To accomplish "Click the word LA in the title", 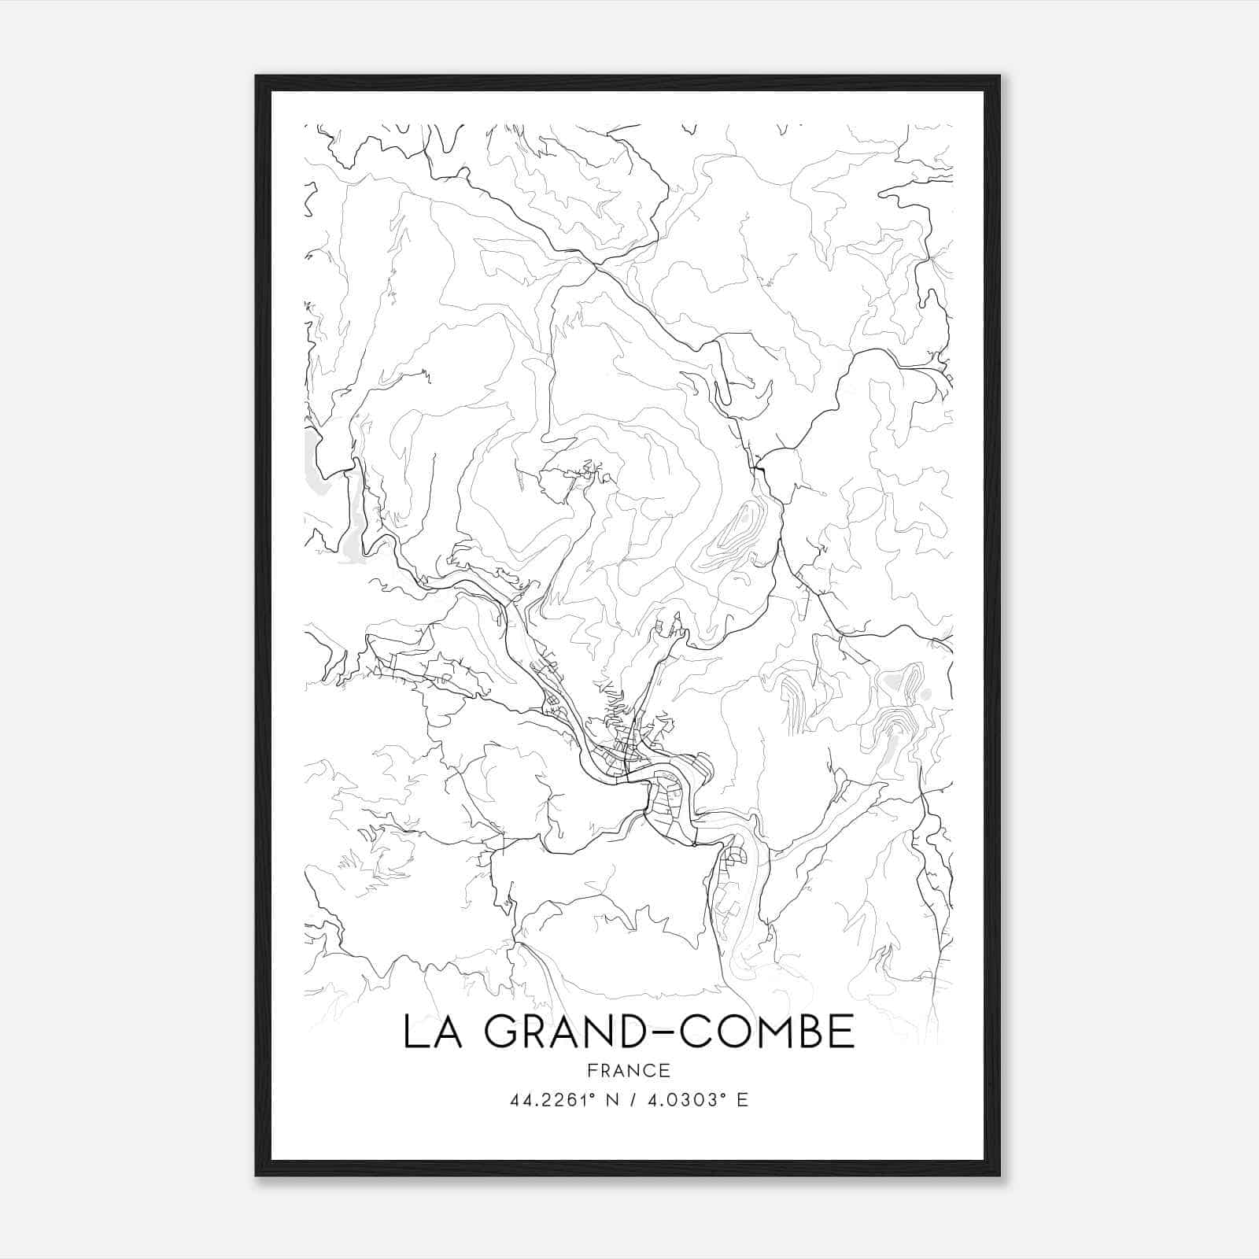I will [x=433, y=1032].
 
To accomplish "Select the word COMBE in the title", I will [x=766, y=1032].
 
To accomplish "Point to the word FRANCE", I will [x=629, y=1070].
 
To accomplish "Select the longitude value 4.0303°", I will [x=682, y=1100].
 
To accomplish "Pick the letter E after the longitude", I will [x=742, y=1100].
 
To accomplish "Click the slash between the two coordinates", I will [x=629, y=1100].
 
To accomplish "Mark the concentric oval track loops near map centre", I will [x=732, y=535].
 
